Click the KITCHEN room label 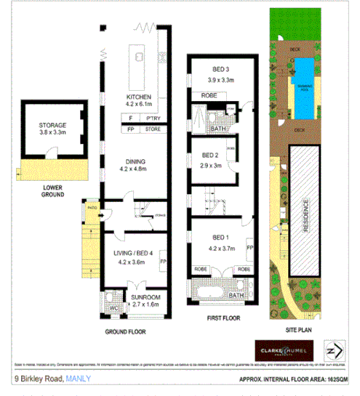click(138, 97)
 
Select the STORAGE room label click(52, 126)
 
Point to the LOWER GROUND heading click(52, 190)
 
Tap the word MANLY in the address click(79, 378)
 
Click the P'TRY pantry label click(153, 117)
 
